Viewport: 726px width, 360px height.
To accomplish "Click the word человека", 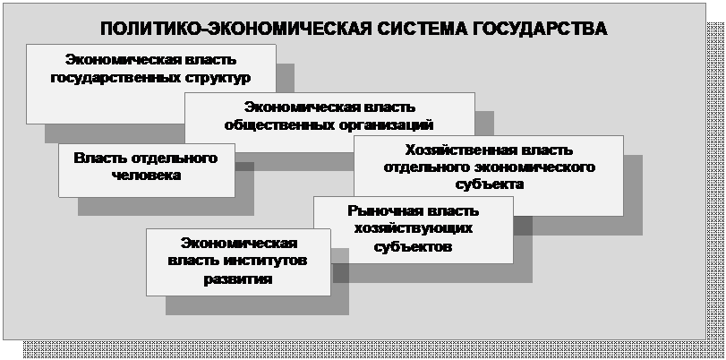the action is [146, 176].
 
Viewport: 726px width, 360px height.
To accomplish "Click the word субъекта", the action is [490, 184].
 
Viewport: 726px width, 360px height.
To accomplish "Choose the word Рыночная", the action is [384, 211].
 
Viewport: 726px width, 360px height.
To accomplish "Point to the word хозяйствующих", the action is [414, 229].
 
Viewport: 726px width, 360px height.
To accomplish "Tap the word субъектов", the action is [413, 246].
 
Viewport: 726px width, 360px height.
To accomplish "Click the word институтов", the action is [265, 261].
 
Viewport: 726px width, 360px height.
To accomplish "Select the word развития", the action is [239, 279].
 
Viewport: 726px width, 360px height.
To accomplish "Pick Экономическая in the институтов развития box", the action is [239, 243].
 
